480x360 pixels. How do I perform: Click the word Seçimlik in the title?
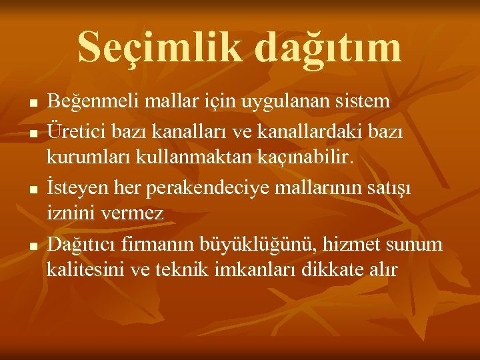point(159,47)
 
